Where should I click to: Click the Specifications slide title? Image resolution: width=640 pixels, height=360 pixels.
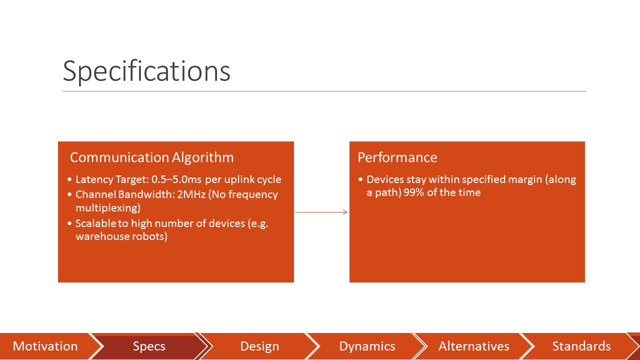point(146,71)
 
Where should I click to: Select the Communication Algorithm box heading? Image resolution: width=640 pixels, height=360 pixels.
point(151,157)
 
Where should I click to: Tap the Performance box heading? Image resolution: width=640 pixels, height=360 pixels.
point(397,157)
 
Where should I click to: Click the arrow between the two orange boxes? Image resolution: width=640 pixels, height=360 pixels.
point(321,212)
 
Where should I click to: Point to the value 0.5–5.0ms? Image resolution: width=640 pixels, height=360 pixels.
point(176,179)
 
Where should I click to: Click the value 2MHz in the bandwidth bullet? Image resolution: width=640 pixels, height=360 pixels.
point(191,194)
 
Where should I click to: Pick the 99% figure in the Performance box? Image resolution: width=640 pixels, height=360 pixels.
point(413,192)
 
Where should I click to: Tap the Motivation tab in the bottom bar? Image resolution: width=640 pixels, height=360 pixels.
point(45,346)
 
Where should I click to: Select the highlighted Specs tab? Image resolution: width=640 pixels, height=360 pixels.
point(149,346)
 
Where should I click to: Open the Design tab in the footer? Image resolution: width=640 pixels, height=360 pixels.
point(259,346)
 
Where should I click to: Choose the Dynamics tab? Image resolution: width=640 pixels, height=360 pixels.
point(367,346)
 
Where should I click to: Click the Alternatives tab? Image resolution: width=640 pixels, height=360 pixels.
point(473,346)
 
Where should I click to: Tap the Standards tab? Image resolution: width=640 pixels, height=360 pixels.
point(581,346)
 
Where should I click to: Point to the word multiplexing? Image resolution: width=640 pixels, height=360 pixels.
point(108,207)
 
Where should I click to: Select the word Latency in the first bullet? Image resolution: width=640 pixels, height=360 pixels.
point(94,179)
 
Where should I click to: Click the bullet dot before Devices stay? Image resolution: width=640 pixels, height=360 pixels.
point(360,179)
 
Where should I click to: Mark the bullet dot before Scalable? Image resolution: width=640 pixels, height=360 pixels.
point(69,223)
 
